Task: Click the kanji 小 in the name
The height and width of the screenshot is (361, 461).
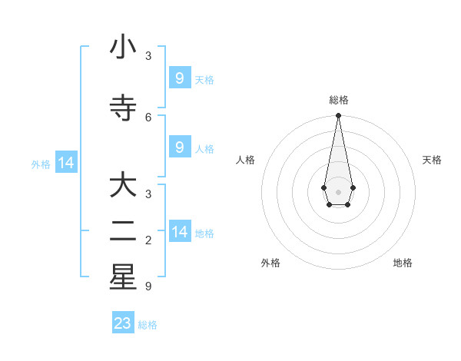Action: point(123,48)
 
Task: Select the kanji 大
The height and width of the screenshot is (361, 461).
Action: point(123,186)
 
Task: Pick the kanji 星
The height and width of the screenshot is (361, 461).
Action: point(123,277)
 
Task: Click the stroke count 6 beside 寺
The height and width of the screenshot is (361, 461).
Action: point(148,117)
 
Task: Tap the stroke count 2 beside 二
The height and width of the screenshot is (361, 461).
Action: point(148,240)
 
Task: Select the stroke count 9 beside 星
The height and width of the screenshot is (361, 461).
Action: point(148,286)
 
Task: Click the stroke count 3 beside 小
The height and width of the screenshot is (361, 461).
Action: point(148,55)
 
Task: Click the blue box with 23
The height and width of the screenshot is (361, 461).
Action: point(123,323)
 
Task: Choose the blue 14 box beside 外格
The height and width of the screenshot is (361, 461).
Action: point(66,163)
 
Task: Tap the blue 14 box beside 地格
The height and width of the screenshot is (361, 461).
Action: point(180,232)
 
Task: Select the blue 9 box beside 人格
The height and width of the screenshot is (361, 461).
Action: point(180,147)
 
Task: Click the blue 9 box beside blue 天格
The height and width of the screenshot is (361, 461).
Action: point(180,78)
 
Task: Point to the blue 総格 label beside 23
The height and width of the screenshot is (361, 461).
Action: point(148,325)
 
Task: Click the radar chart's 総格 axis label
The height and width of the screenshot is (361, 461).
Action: point(338,100)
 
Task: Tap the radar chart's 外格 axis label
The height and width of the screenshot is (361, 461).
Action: point(270,263)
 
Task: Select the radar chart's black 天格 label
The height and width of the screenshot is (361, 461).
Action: point(432,160)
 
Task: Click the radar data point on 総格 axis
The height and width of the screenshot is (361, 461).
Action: point(338,116)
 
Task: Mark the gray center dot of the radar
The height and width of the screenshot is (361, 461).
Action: point(338,191)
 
